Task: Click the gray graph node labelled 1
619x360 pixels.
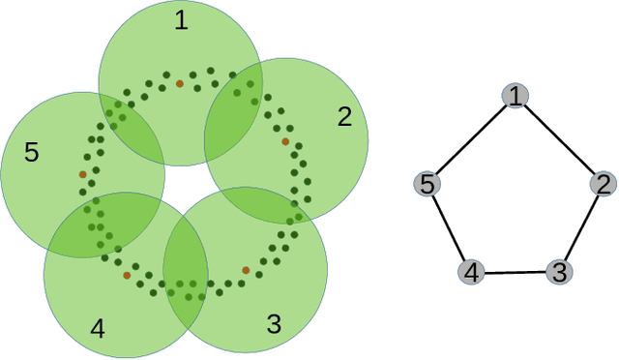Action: pyautogui.click(x=518, y=95)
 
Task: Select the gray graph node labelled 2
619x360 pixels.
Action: pyautogui.click(x=603, y=184)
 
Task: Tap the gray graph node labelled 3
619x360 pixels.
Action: pyautogui.click(x=557, y=272)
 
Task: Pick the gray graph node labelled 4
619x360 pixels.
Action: pyautogui.click(x=471, y=273)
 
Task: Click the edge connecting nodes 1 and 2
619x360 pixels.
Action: pyautogui.click(x=561, y=139)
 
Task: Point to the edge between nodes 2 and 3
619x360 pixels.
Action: pyautogui.click(x=580, y=228)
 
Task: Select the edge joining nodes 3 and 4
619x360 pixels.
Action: pyautogui.click(x=514, y=273)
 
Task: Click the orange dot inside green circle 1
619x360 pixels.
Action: pyautogui.click(x=179, y=84)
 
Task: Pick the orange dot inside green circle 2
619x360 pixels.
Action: pyautogui.click(x=285, y=141)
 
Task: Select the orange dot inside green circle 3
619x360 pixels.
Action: pyautogui.click(x=246, y=270)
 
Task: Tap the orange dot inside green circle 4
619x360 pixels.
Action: pyautogui.click(x=127, y=275)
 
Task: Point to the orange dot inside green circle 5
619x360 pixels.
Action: pyautogui.click(x=83, y=175)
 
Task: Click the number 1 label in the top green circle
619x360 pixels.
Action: pyautogui.click(x=181, y=21)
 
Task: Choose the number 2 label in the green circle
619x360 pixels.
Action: pyautogui.click(x=345, y=117)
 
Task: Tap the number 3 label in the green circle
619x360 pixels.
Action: pyautogui.click(x=274, y=324)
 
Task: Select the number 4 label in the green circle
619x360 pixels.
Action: pyautogui.click(x=97, y=329)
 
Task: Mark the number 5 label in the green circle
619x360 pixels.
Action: pyautogui.click(x=31, y=152)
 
